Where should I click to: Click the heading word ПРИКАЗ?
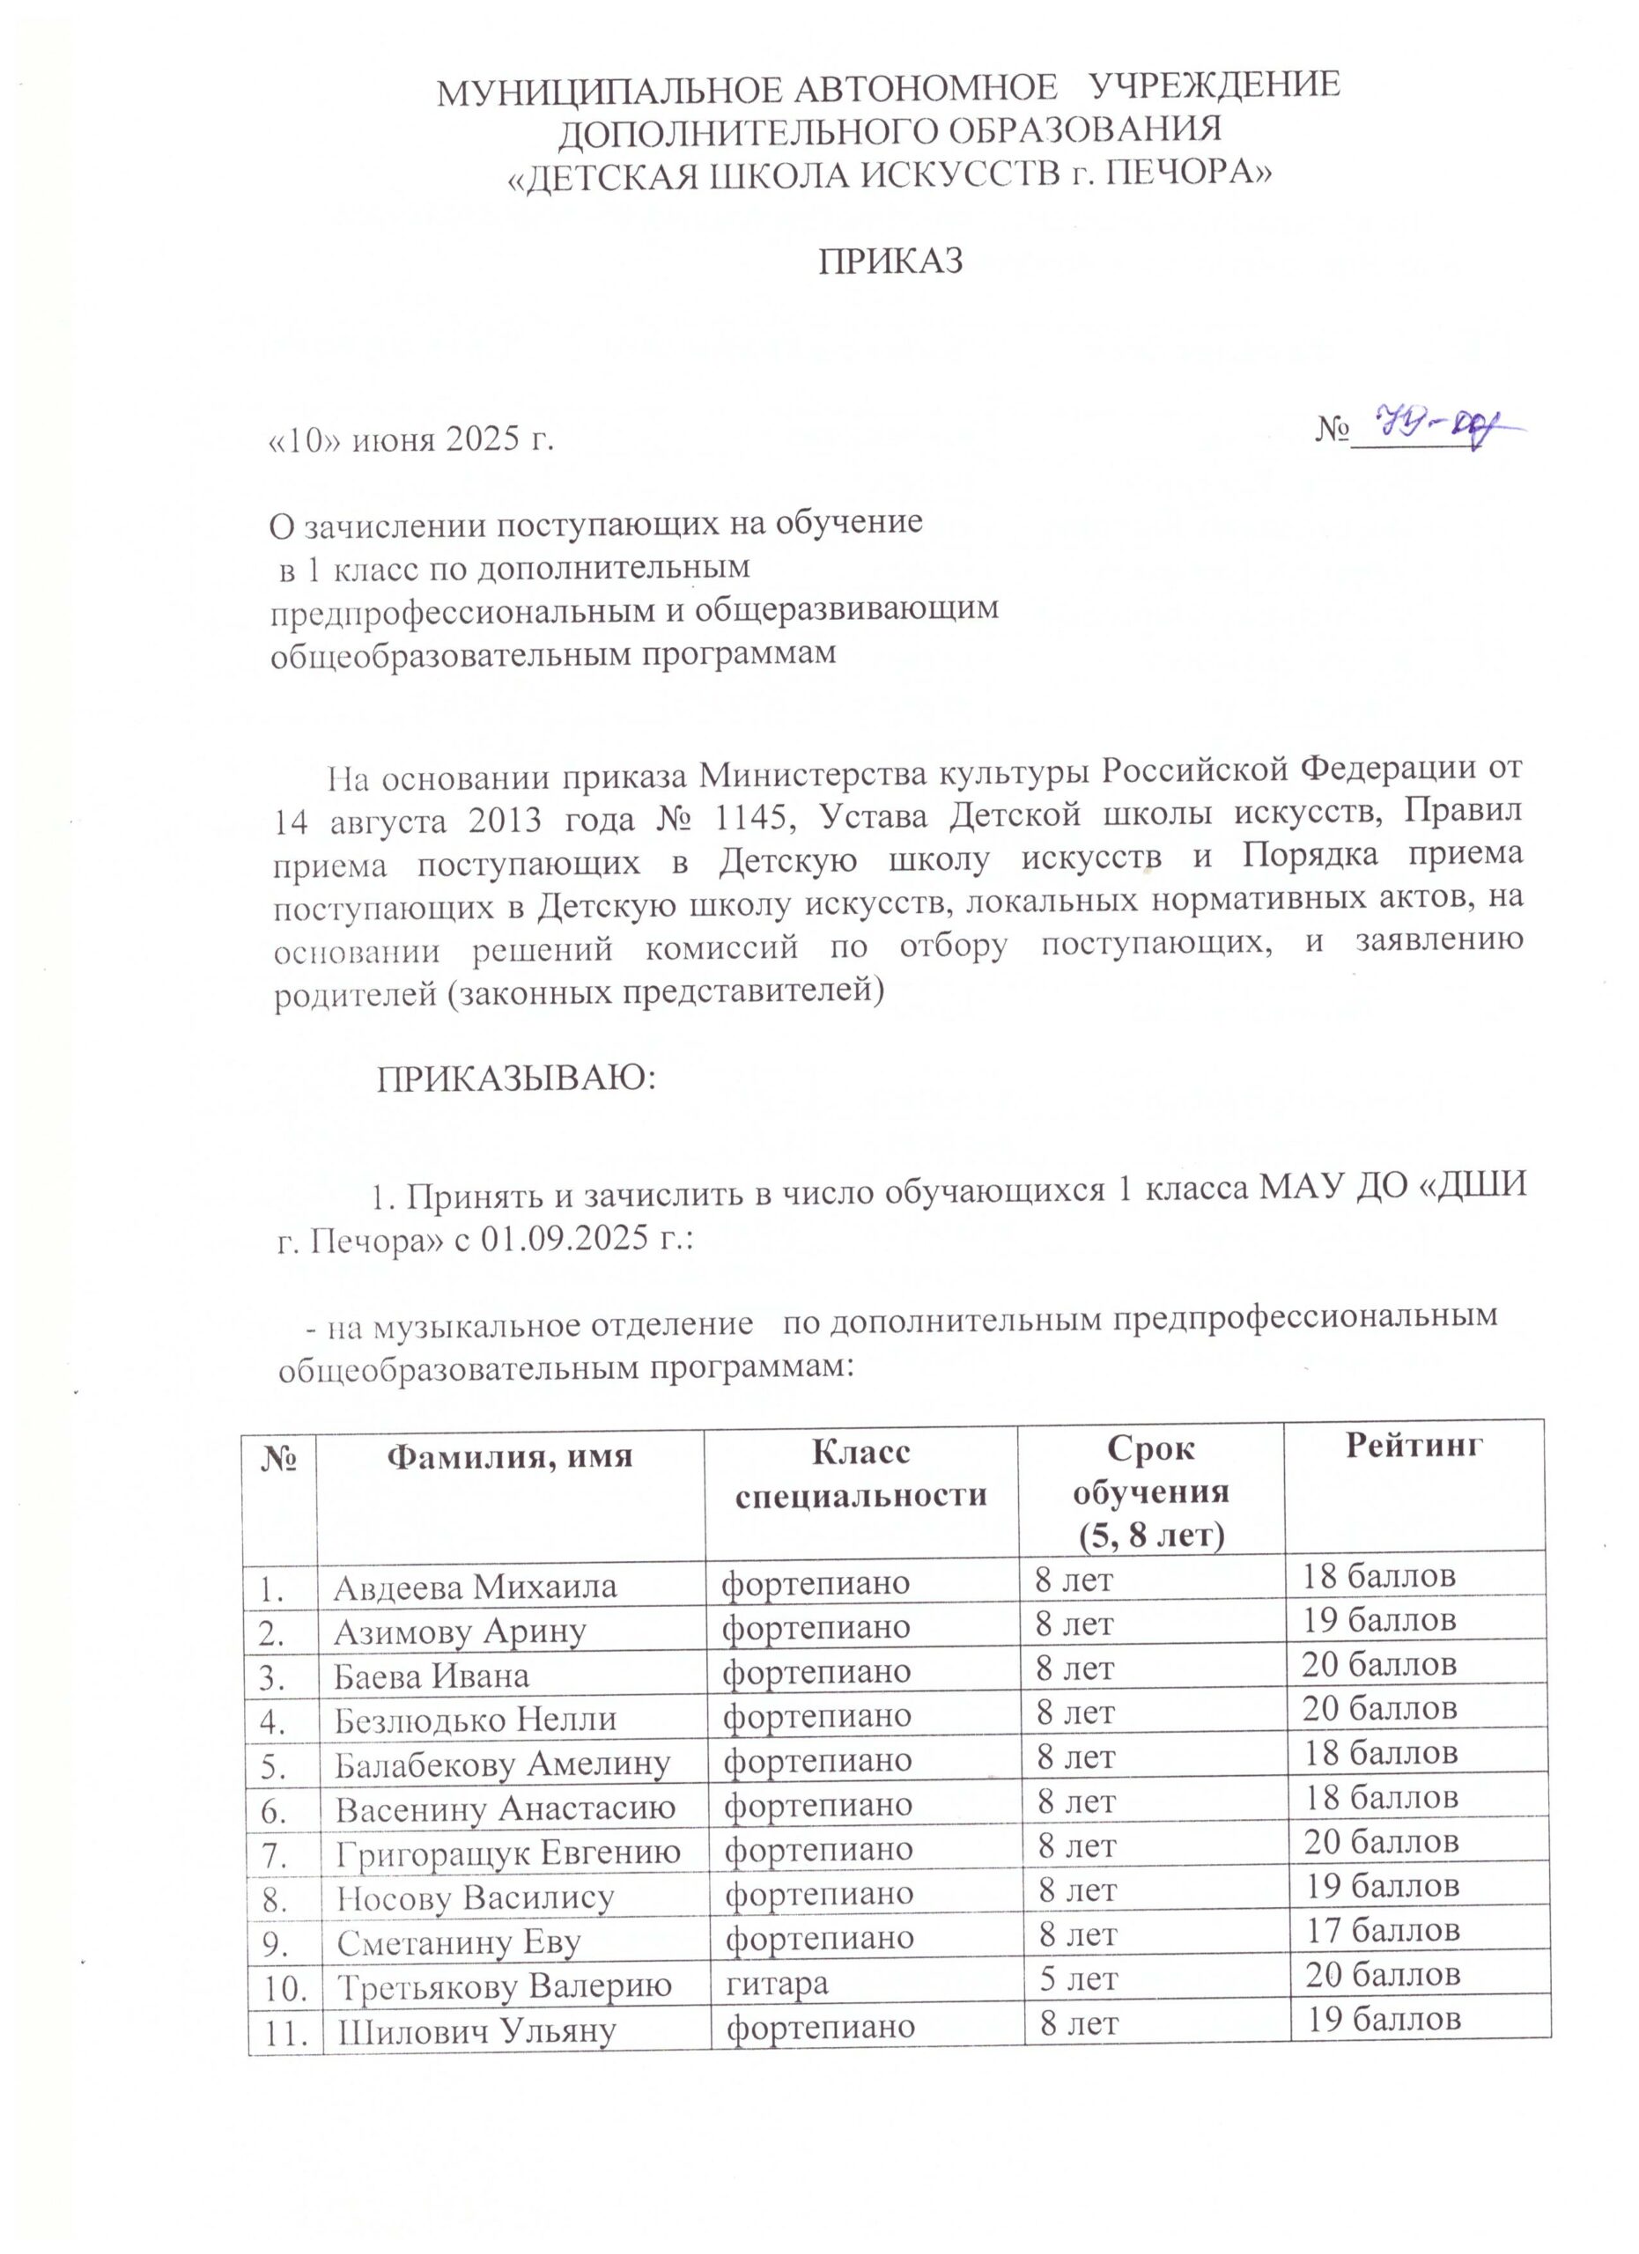click(x=890, y=261)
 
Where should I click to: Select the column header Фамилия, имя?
click(x=509, y=1457)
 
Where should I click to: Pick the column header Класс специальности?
click(x=860, y=1475)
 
